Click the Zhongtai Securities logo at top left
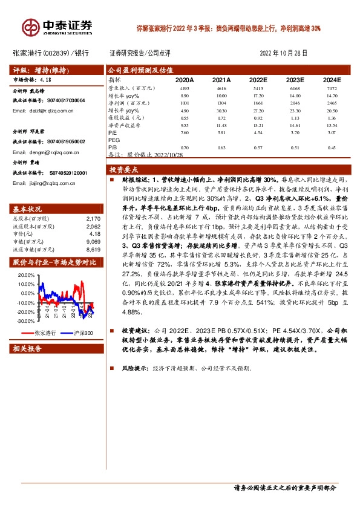pyautogui.click(x=57, y=27)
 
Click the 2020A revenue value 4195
pyautogui.click(x=185, y=88)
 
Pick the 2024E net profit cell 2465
pyautogui.click(x=331, y=103)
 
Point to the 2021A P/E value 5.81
pyautogui.click(x=221, y=132)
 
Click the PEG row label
pyautogui.click(x=114, y=139)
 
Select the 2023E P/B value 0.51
pyautogui.click(x=295, y=147)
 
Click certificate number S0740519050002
pyautogui.click(x=63, y=141)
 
